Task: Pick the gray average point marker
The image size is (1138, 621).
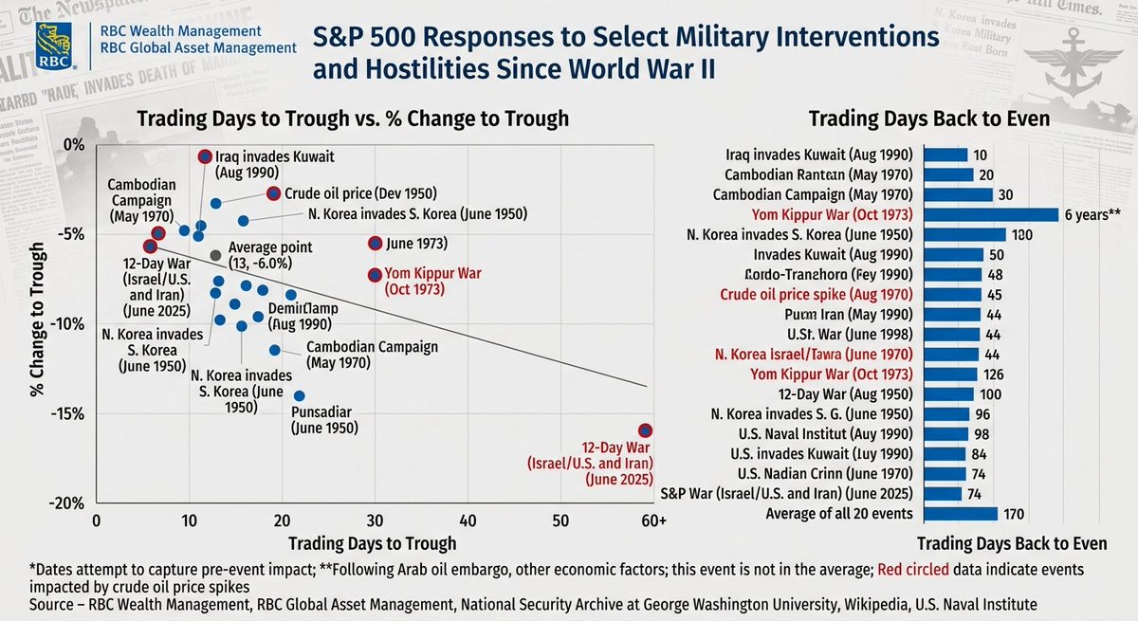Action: coord(216,255)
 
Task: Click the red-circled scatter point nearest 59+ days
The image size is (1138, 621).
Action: coord(646,430)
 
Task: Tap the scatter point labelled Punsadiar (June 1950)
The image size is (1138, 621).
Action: coord(300,395)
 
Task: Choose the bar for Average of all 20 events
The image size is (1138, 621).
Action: coord(961,514)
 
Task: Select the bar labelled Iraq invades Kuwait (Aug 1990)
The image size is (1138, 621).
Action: coord(945,155)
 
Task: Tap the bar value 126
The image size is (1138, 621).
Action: coord(993,374)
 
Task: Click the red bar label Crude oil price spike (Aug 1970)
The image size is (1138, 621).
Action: coord(817,294)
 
